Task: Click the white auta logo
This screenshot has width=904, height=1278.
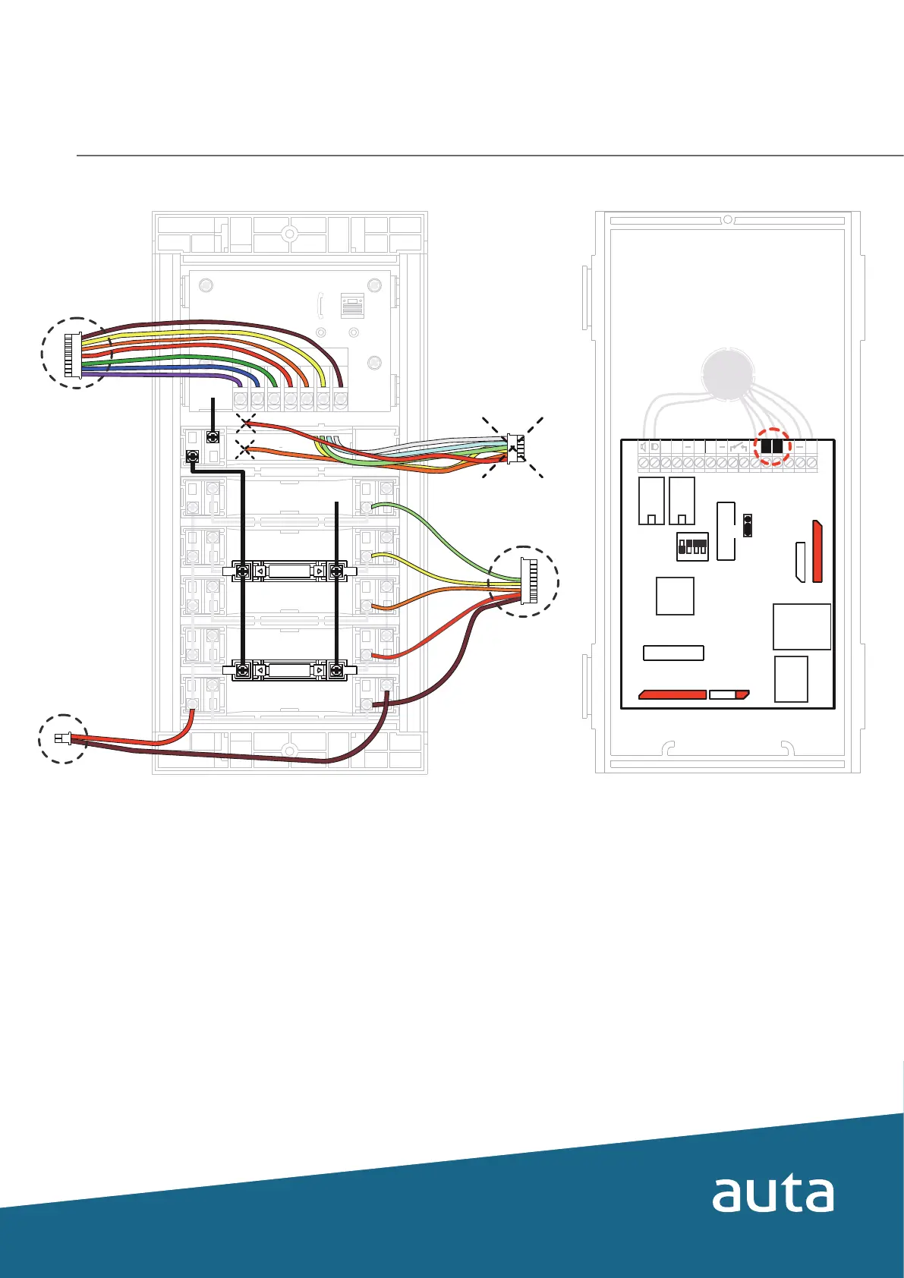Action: point(773,1195)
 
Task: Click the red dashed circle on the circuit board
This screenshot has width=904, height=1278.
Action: point(772,446)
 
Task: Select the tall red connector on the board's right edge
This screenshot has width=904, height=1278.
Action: point(817,551)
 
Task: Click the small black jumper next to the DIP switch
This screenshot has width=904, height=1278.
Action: point(748,525)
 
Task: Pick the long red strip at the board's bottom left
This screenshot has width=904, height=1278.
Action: point(672,694)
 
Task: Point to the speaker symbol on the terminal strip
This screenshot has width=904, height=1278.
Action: point(644,447)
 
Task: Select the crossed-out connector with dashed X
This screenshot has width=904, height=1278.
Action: point(513,448)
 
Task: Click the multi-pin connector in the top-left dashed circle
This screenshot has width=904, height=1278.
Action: point(73,354)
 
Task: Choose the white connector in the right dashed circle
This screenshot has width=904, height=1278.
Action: point(529,581)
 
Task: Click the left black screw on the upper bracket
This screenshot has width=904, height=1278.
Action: point(244,571)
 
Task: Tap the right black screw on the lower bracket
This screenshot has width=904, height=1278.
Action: point(337,670)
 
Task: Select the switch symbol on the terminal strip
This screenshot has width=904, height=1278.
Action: point(739,447)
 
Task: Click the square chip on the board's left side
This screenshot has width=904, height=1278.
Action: point(675,596)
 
